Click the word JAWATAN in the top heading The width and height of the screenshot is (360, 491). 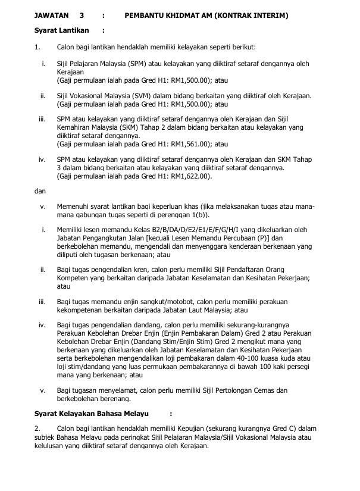point(51,15)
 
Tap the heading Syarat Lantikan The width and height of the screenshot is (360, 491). point(62,30)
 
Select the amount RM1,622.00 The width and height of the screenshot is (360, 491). point(184,176)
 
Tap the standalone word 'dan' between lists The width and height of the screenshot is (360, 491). point(39,191)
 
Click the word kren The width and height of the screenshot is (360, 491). point(146,270)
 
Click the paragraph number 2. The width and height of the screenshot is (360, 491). point(37,429)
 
